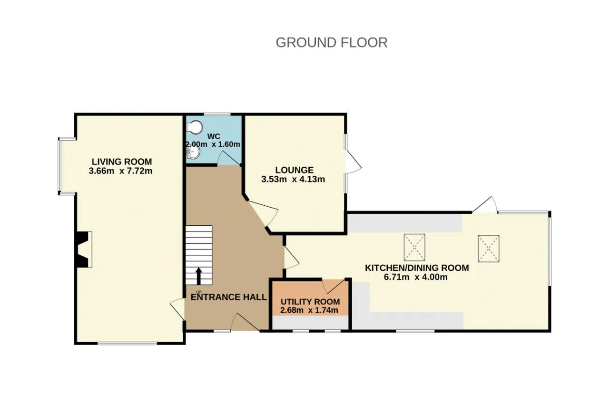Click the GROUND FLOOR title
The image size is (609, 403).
[332, 43]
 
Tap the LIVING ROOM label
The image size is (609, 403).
[122, 162]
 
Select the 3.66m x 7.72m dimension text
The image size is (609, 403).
[120, 171]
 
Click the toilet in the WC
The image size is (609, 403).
[195, 127]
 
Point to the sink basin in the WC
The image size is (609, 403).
[193, 153]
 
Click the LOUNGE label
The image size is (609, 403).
[295, 170]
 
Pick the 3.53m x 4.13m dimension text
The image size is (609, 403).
[293, 180]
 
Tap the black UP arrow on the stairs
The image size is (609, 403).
[199, 276]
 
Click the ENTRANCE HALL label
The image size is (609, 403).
[229, 297]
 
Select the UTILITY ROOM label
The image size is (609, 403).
[310, 302]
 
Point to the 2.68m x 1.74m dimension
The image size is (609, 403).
[309, 310]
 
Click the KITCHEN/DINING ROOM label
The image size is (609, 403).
[417, 268]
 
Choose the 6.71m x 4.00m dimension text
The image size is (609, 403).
[416, 277]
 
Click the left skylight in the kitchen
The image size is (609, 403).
[414, 248]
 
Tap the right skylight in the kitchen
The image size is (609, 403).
[489, 249]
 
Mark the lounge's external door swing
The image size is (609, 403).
[353, 162]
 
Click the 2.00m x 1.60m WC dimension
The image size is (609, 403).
[213, 144]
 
